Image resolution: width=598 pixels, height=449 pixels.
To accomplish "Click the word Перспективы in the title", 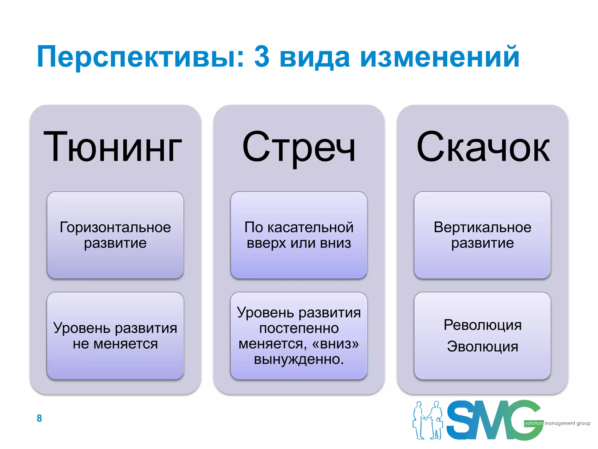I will [x=140, y=57].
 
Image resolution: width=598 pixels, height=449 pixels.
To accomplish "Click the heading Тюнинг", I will [x=113, y=147].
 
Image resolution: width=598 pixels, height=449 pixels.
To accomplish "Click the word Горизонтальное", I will [x=115, y=227].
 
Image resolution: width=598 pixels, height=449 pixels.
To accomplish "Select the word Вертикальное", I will [x=482, y=227].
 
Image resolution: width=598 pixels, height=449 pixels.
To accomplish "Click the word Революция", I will [x=482, y=325].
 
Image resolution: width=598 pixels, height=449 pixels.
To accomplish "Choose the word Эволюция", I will [x=482, y=347].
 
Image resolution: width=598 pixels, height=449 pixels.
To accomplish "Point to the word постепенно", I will [x=299, y=328].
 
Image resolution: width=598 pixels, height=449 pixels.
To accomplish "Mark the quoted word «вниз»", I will [x=335, y=344].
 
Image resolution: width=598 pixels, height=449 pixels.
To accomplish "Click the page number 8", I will [x=39, y=418].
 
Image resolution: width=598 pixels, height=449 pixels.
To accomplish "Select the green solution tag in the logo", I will [x=533, y=423].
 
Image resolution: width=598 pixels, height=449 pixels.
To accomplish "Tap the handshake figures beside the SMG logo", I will [x=428, y=420].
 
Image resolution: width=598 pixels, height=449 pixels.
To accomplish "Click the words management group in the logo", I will [x=567, y=423].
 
